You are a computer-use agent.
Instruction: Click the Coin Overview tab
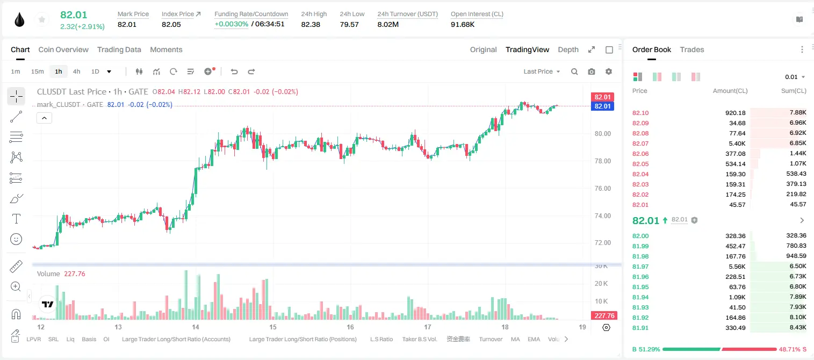(x=63, y=49)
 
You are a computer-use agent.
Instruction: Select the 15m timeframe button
(x=37, y=71)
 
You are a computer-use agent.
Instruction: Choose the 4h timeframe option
(x=76, y=71)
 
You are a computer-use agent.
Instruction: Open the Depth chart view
(x=568, y=49)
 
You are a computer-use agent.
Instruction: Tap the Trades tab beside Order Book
(x=692, y=49)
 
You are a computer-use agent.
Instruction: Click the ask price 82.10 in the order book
(x=640, y=113)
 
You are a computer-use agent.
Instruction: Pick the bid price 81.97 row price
(x=640, y=267)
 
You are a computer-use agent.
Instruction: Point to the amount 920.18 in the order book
(x=735, y=113)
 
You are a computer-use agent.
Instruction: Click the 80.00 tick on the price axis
(x=602, y=134)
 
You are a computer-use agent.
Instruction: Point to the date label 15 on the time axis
(x=273, y=327)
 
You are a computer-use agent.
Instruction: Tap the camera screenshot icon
(x=592, y=71)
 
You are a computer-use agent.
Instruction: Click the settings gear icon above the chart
(x=609, y=71)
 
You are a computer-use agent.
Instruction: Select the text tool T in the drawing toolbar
(x=16, y=219)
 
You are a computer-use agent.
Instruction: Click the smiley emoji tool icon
(x=16, y=239)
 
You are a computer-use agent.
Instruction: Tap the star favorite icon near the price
(x=42, y=19)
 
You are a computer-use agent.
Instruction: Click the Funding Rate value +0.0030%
(x=231, y=24)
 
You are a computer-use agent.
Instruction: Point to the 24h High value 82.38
(x=311, y=24)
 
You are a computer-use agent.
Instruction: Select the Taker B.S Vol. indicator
(x=419, y=339)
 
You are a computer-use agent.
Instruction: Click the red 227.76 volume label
(x=604, y=316)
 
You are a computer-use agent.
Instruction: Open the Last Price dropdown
(x=542, y=71)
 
